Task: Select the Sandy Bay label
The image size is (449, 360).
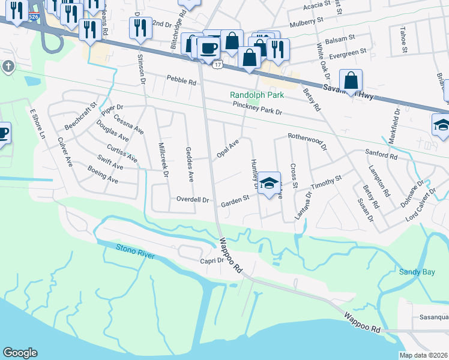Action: click(x=417, y=272)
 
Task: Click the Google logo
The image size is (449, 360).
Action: click(x=20, y=353)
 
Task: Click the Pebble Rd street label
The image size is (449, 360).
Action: click(x=181, y=81)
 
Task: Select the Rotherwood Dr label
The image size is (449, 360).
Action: click(x=307, y=141)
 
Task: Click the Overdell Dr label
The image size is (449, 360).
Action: click(x=192, y=199)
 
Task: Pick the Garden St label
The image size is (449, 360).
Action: click(x=235, y=199)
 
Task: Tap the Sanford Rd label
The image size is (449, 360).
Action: click(x=382, y=155)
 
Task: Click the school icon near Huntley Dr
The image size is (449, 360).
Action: click(x=270, y=182)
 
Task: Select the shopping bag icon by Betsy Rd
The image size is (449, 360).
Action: click(x=351, y=80)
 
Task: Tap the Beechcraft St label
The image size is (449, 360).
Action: click(x=81, y=117)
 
